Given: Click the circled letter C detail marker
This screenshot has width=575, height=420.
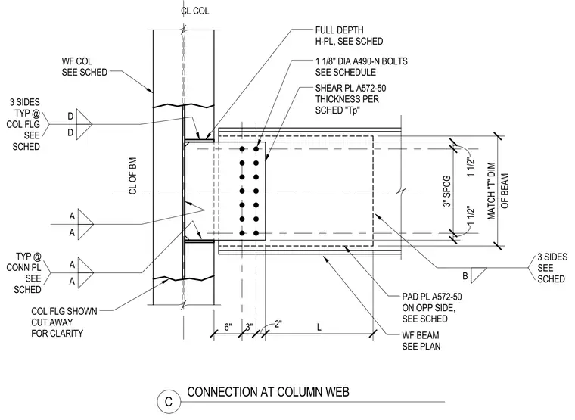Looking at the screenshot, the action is click(169, 401).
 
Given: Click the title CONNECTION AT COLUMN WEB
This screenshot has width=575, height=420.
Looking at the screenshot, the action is click(268, 392).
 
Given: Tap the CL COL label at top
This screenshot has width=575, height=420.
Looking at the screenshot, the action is click(194, 11).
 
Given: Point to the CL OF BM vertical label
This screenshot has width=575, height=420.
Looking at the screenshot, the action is click(132, 176).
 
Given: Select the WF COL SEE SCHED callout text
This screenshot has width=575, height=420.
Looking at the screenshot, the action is click(84, 67).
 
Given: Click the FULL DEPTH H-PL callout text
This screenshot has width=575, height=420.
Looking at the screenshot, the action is click(349, 36).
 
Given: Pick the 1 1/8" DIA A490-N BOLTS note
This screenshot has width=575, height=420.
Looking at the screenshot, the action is click(361, 67).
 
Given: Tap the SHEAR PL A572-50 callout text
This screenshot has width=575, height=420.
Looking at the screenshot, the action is click(350, 99).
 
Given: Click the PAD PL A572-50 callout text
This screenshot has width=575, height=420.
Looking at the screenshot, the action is click(431, 307).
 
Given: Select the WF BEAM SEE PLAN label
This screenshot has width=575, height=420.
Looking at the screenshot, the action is click(421, 341).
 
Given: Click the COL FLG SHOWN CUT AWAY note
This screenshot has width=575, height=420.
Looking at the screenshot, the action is click(64, 322).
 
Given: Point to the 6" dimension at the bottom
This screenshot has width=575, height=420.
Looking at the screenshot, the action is click(228, 326).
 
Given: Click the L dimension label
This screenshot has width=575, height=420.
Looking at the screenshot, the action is click(319, 327).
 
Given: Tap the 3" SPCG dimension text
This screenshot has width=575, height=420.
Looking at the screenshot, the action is click(446, 191).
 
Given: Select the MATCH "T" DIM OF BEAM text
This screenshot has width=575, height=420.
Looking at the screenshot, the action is click(498, 191).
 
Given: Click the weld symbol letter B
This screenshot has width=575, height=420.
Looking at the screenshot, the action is click(465, 276).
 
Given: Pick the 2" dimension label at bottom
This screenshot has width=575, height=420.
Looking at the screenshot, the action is click(278, 324).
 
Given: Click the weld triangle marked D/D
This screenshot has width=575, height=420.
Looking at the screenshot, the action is click(84, 124).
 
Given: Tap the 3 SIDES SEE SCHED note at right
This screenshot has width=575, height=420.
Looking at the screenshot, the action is click(552, 267).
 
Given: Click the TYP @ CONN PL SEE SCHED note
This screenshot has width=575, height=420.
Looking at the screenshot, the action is click(24, 273).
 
